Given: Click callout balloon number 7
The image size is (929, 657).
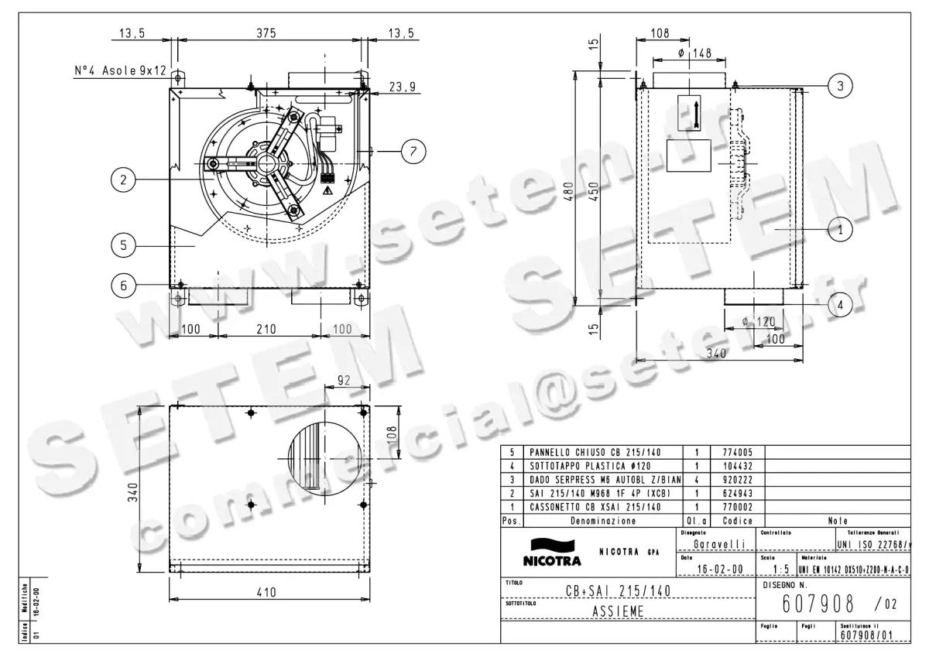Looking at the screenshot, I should (x=413, y=152).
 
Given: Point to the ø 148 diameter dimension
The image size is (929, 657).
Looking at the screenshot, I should (x=694, y=53).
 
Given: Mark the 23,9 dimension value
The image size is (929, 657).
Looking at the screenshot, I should (x=402, y=87).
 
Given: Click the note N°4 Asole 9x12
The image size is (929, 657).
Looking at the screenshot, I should (x=120, y=70).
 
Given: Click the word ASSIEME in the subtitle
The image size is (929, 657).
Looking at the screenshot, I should (x=619, y=611).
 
